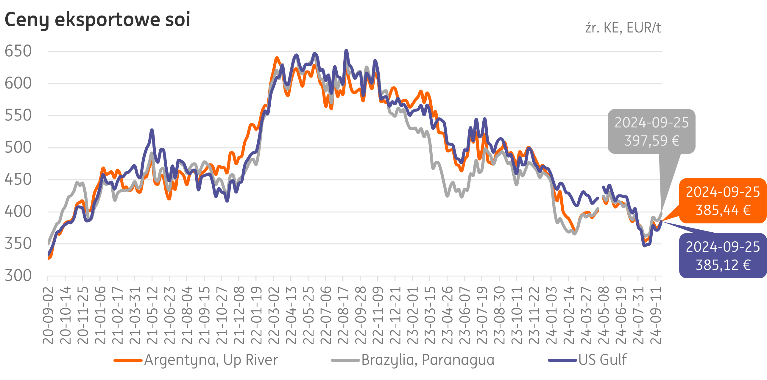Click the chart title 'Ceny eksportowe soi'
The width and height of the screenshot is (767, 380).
(x=97, y=20)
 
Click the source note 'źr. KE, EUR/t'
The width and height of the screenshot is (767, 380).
(x=623, y=28)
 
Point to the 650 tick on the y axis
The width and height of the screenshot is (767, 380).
(x=18, y=51)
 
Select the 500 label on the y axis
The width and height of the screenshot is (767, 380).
(x=18, y=147)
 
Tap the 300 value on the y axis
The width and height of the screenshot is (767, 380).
(x=18, y=276)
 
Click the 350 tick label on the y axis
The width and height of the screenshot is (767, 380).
(x=18, y=244)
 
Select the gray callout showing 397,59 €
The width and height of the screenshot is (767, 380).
(x=651, y=132)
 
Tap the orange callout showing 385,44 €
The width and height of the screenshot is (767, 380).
(x=723, y=201)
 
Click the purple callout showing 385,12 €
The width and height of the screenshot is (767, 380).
(x=723, y=256)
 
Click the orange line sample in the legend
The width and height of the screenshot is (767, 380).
(x=128, y=360)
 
